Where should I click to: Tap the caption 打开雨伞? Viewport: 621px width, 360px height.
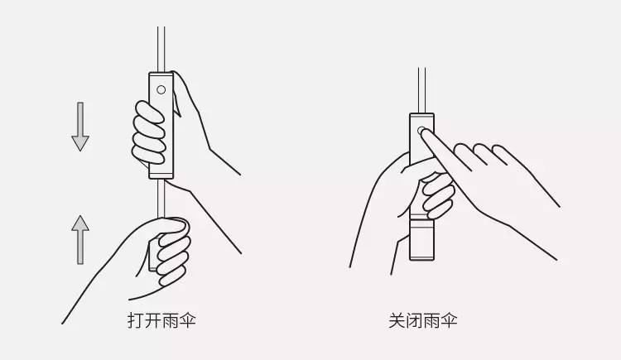click(x=161, y=320)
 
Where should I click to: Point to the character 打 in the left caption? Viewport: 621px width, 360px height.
click(x=132, y=320)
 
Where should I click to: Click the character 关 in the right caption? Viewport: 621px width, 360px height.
click(x=396, y=320)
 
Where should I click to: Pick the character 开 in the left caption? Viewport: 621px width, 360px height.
click(x=152, y=320)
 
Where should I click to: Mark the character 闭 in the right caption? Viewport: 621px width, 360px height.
click(x=413, y=320)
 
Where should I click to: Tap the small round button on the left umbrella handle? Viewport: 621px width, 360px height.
click(x=161, y=89)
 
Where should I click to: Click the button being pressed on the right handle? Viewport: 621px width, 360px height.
click(x=421, y=130)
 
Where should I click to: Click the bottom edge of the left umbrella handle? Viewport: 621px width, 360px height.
click(x=161, y=176)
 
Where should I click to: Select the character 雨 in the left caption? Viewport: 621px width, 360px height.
click(x=171, y=320)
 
